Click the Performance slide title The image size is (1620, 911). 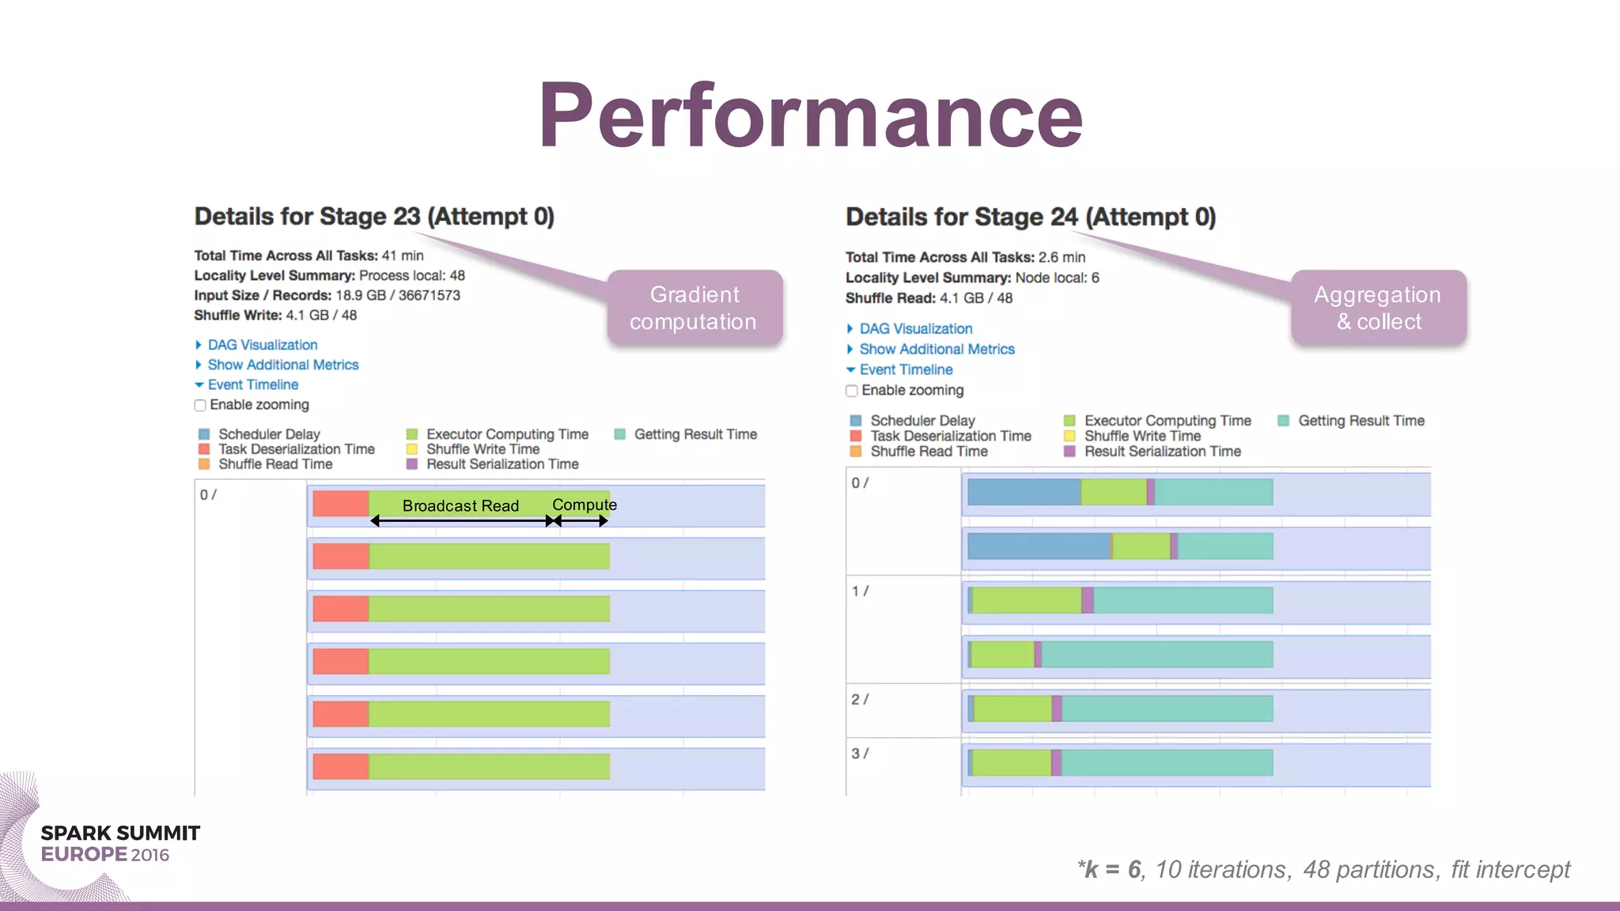[810, 116]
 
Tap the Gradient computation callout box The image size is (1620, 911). [694, 308]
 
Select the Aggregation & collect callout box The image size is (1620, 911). [1378, 308]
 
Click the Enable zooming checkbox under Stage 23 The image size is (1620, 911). [200, 406]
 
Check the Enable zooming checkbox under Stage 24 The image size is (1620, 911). [852, 391]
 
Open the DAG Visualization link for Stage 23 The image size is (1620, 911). [262, 345]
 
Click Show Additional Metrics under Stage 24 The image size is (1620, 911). [937, 349]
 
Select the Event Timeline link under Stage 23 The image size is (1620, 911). [252, 384]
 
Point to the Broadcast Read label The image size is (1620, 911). [460, 505]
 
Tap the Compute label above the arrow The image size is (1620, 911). [584, 505]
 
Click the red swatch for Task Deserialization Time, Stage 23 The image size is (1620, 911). [204, 449]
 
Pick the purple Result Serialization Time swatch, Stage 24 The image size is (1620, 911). [1069, 452]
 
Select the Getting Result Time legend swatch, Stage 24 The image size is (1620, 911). [1284, 421]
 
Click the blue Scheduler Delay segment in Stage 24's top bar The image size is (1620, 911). [1024, 492]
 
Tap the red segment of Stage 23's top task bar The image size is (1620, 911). [341, 504]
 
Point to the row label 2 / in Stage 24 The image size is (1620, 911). [860, 699]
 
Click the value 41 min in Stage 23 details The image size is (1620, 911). [403, 255]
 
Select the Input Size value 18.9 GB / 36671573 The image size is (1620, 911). [398, 295]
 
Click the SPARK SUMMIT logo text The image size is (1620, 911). [120, 834]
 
